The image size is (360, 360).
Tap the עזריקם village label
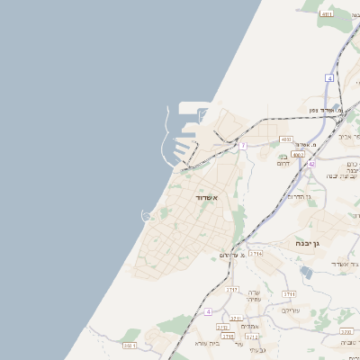pos(291,310)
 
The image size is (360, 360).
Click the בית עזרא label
pos(207,343)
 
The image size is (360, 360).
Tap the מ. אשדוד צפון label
pos(326,110)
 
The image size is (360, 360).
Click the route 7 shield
pos(242,145)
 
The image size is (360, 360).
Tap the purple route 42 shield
pos(311,164)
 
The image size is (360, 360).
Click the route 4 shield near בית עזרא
pos(208,311)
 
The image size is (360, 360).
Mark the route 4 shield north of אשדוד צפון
pos(329,78)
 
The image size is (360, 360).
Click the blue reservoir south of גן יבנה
pos(300,273)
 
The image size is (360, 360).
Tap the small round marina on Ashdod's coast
pos(147,213)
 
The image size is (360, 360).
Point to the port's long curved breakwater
pos(166,135)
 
